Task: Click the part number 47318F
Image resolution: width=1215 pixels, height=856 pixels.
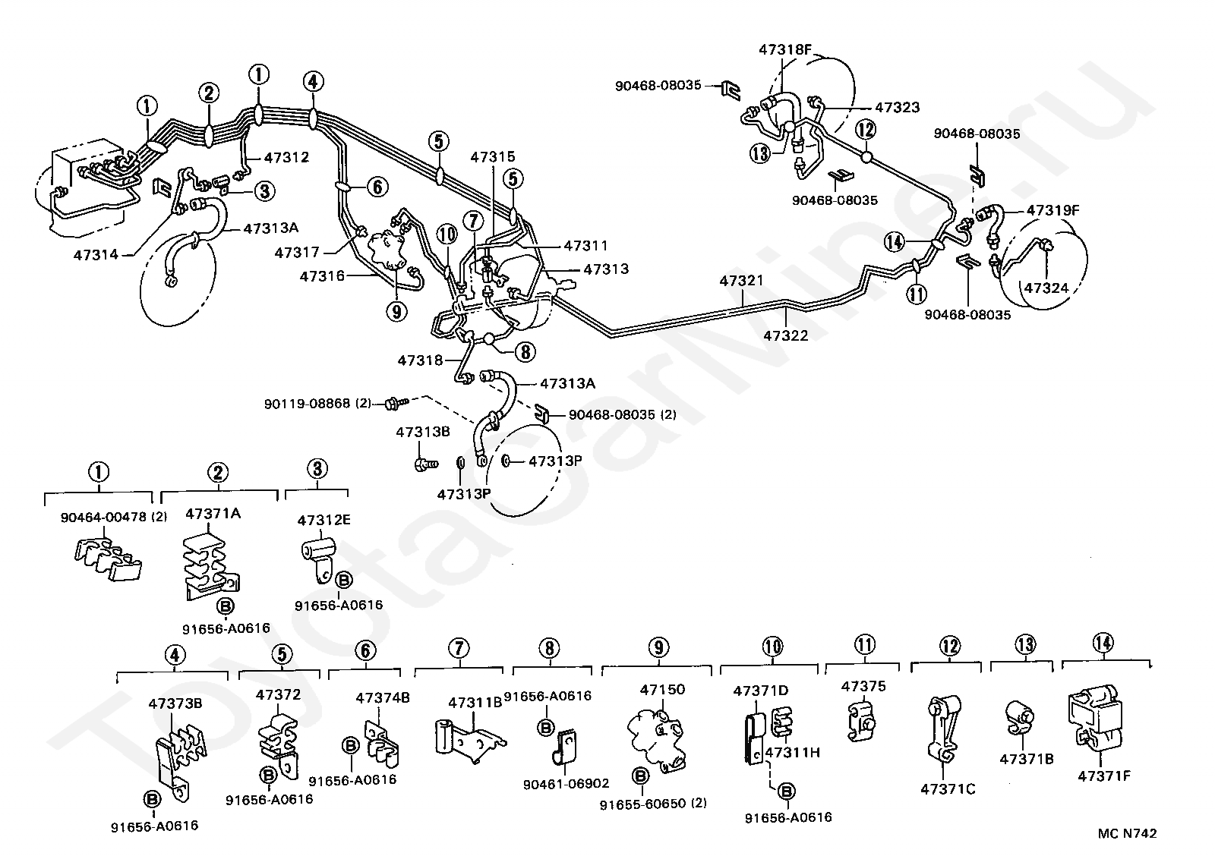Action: (x=785, y=50)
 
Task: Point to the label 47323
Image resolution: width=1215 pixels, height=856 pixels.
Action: (x=897, y=108)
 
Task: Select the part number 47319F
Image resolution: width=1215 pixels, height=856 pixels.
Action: (x=1052, y=210)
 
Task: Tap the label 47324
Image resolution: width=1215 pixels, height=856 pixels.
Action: (x=1046, y=288)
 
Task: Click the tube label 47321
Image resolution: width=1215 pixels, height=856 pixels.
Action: (x=741, y=281)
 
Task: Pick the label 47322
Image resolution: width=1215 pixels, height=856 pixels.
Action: (x=785, y=335)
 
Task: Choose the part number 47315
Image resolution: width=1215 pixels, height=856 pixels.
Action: (x=492, y=158)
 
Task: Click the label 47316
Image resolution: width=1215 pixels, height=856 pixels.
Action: (x=322, y=276)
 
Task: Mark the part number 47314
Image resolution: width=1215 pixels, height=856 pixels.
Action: (x=96, y=254)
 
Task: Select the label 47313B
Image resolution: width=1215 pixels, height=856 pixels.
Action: (x=422, y=433)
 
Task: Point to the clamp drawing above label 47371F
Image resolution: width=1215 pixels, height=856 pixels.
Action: (x=1095, y=716)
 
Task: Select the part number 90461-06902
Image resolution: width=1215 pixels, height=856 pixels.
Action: (x=566, y=784)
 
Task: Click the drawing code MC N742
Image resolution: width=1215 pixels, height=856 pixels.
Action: (x=1127, y=833)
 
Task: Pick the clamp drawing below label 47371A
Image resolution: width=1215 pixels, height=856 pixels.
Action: (x=208, y=569)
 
